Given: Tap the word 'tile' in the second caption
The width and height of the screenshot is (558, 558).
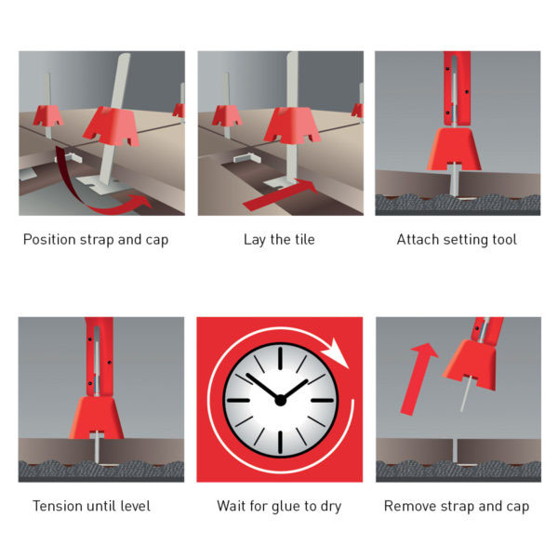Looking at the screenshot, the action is coord(304,239).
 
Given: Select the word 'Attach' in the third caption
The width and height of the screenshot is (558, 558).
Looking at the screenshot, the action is coord(417,240).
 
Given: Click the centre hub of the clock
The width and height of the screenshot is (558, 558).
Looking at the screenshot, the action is coord(281,400).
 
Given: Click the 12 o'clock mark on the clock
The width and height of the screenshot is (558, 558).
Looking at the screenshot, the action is coord(281,358).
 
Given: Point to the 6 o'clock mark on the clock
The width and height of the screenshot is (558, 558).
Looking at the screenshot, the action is coord(281,443).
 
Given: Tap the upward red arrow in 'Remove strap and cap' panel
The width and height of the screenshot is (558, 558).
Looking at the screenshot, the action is coord(418,379).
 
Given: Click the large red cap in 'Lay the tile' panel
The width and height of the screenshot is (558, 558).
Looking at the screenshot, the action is coord(294,126).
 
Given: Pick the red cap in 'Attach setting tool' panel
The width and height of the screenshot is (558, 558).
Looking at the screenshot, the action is coord(455,149).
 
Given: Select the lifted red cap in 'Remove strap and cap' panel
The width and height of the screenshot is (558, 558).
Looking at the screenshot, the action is coord(471,364).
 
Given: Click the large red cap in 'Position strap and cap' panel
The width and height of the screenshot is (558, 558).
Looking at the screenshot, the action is coord(112,126).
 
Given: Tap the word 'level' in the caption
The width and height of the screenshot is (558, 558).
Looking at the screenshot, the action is coord(136,506).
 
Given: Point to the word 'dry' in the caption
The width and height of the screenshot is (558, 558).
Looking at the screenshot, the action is coord(331,507).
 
